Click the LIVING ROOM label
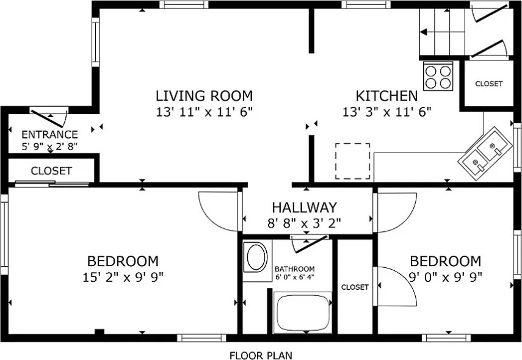tap(204, 96)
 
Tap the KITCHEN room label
tap(386, 96)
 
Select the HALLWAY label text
tap(304, 207)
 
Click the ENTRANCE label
tap(49, 135)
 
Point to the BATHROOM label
tap(294, 269)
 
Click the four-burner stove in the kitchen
tap(438, 76)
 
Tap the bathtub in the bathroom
tap(303, 312)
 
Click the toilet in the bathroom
tap(255, 259)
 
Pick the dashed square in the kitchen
tap(352, 161)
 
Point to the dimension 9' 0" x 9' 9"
tap(445, 276)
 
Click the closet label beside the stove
tap(488, 84)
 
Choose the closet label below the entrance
tap(51, 171)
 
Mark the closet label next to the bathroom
tap(355, 287)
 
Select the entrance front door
tap(49, 115)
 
